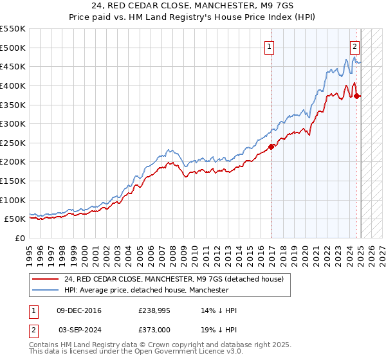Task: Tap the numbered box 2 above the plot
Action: (354, 46)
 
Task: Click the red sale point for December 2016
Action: (271, 147)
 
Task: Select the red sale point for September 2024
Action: (358, 96)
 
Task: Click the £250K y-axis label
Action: (13, 143)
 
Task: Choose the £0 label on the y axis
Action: (21, 238)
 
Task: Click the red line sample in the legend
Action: (46, 279)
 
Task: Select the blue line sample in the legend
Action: (46, 291)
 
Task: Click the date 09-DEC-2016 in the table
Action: (79, 310)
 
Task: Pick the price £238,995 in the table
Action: (154, 310)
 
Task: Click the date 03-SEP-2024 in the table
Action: (80, 328)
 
